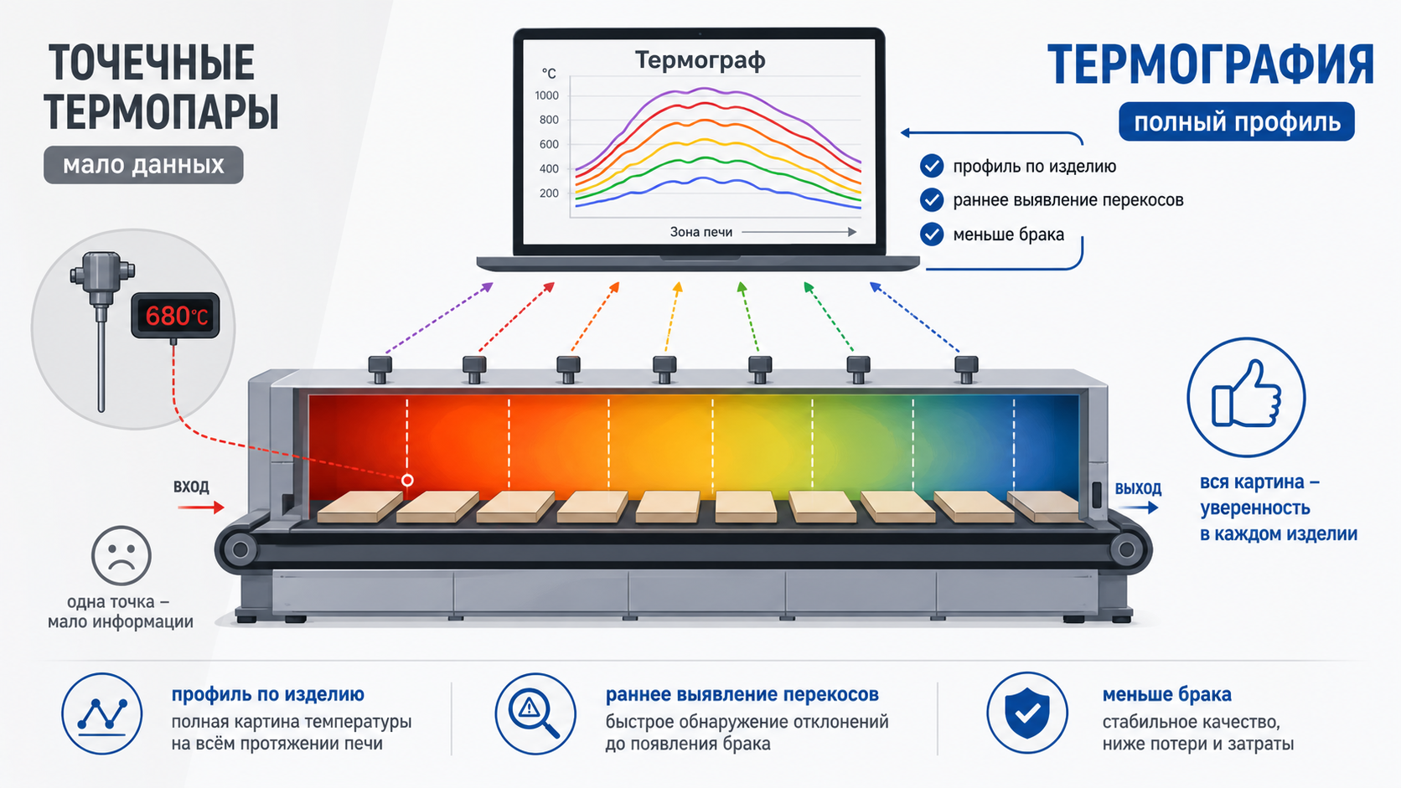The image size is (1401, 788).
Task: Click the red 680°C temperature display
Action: tap(175, 316)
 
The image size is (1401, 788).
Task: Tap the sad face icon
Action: tap(121, 555)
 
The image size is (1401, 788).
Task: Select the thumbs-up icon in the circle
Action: tap(1247, 395)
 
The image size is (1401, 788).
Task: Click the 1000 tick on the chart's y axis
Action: tap(546, 95)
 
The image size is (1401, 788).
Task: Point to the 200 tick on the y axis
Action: tap(549, 193)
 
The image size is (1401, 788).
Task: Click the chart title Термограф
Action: tap(700, 60)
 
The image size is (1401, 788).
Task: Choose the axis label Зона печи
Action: tap(701, 232)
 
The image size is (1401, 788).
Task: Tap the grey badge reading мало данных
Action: tap(143, 165)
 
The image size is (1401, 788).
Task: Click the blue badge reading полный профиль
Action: tap(1237, 122)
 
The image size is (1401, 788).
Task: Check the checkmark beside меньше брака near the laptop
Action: tap(932, 234)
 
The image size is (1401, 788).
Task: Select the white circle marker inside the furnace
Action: tap(407, 480)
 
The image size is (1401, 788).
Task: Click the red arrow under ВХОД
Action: tap(201, 507)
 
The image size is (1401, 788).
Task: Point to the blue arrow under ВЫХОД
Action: tap(1138, 507)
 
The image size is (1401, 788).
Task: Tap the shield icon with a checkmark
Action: tap(1027, 713)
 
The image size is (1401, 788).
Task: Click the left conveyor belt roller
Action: tap(240, 550)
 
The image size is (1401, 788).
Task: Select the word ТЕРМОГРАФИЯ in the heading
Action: tap(1211, 64)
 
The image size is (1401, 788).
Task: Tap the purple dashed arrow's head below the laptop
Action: tap(487, 287)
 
